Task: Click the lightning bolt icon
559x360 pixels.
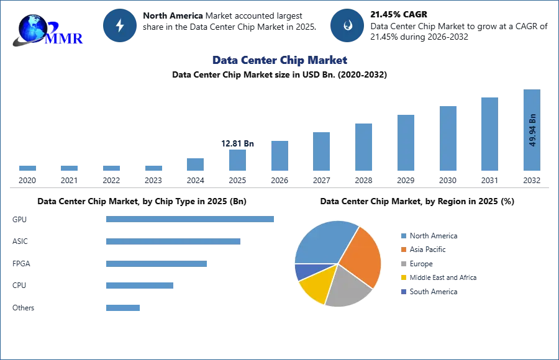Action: coord(120,25)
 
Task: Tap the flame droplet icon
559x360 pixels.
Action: coord(347,25)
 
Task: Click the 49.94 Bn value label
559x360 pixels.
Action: coord(532,130)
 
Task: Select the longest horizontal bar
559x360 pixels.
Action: coord(191,218)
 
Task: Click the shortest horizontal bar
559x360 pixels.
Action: coord(124,307)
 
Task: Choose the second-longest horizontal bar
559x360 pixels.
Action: coord(173,243)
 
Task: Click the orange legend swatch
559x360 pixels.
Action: coord(403,250)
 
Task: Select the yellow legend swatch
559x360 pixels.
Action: coord(403,278)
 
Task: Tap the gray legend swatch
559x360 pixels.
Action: coord(403,264)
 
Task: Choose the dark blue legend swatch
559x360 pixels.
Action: coord(403,292)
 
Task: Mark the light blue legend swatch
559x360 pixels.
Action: coord(403,236)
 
